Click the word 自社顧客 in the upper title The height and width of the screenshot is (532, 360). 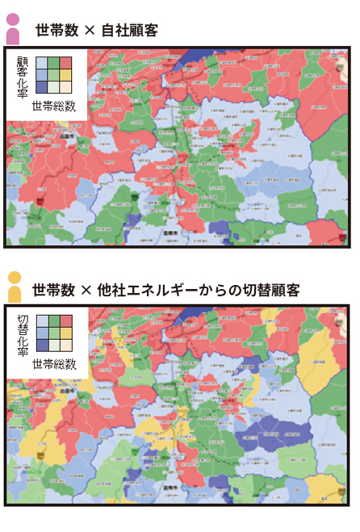pos(129,31)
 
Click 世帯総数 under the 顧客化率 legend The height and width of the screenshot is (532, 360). pos(53,106)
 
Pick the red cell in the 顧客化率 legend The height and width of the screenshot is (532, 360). pos(65,64)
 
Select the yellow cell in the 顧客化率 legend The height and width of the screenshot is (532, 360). pos(65,75)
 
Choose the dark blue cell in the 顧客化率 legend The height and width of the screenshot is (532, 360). pos(41,87)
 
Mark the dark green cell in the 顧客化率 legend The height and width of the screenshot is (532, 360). pos(53,64)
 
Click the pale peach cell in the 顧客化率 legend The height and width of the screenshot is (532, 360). pos(65,87)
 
